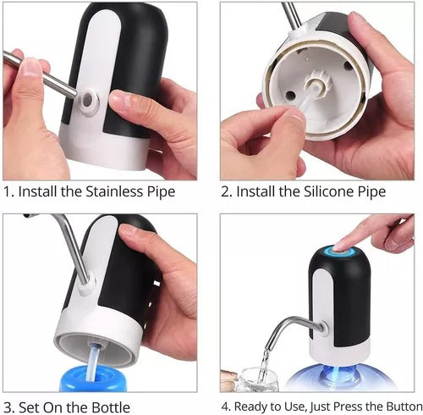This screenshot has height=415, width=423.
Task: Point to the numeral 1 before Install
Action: [x=8, y=192]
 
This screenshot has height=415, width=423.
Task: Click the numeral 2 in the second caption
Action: [x=226, y=192]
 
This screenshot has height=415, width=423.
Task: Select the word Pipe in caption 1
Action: [x=158, y=192]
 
